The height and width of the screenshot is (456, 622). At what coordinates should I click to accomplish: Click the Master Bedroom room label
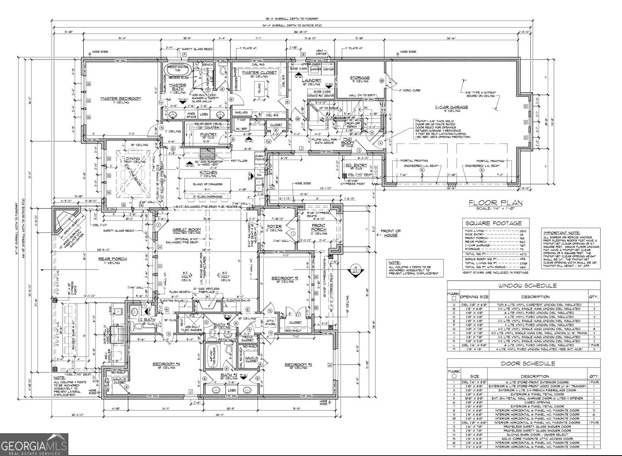pyautogui.click(x=121, y=99)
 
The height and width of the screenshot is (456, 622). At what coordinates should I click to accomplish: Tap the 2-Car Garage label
pyautogui.click(x=451, y=107)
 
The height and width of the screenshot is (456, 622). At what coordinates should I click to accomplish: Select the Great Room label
pyautogui.click(x=187, y=229)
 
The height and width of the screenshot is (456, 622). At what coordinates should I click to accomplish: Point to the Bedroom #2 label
pyautogui.click(x=285, y=278)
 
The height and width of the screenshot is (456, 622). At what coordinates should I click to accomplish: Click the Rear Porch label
pyautogui.click(x=112, y=259)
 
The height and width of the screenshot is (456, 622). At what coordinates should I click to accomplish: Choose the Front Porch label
pyautogui.click(x=318, y=228)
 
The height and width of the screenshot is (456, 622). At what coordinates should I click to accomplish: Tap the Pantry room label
pyautogui.click(x=208, y=134)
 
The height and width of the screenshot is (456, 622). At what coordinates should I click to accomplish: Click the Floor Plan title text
pyautogui.click(x=495, y=203)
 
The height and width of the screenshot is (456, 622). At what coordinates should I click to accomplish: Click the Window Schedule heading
pyautogui.click(x=524, y=286)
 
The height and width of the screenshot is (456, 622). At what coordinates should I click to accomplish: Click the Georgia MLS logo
pyautogui.click(x=34, y=445)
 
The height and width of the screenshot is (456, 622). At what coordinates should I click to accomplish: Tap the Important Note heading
pyautogui.click(x=561, y=233)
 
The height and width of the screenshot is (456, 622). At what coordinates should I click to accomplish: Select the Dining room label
pyautogui.click(x=133, y=158)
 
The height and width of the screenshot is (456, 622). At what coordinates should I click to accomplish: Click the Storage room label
pyautogui.click(x=360, y=78)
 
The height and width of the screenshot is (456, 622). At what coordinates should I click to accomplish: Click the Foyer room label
pyautogui.click(x=274, y=227)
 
